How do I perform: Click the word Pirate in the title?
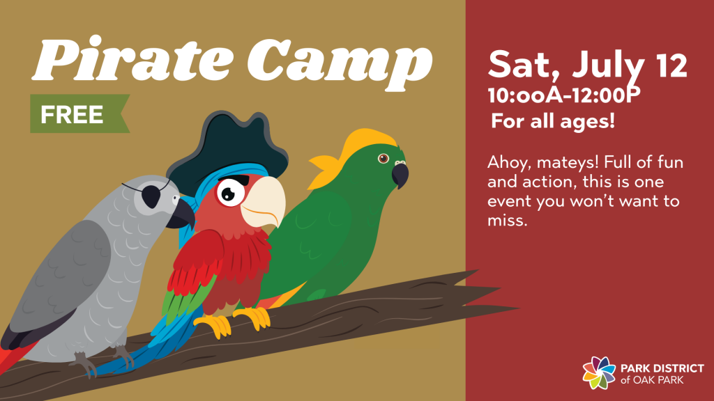coord(132,58)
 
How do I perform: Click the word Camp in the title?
coord(340,63)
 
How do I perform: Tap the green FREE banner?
coord(79,113)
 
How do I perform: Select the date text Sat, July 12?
coord(587,65)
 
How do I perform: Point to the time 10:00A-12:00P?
coord(564,96)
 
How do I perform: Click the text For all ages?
coord(553,121)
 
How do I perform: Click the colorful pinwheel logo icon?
coord(599,373)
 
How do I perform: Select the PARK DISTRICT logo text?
coord(662,368)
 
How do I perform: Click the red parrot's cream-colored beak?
coord(263,200)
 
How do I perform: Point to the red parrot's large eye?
coord(230,193)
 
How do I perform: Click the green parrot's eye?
coord(383,158)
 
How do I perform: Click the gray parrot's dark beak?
coord(181,214)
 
